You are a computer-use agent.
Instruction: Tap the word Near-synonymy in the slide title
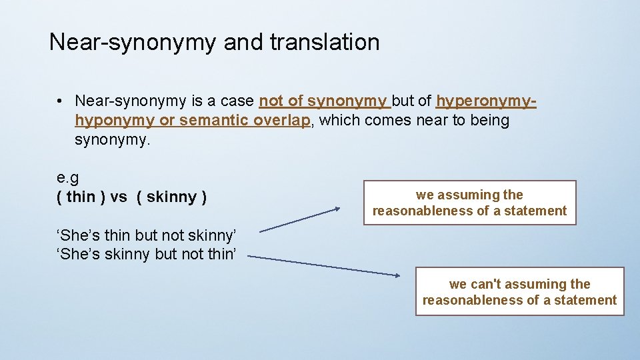[x=132, y=43]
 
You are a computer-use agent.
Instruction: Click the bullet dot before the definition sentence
[x=60, y=101]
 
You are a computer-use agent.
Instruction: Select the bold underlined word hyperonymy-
[x=486, y=101]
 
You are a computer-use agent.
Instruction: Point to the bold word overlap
[x=282, y=121]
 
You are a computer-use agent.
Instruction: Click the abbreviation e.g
[x=68, y=177]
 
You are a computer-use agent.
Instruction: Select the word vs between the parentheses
[x=119, y=197]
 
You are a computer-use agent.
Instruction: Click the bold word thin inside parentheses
[x=81, y=197]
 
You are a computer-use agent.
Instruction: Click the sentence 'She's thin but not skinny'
[x=147, y=235]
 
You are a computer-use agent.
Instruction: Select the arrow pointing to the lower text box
[x=323, y=265]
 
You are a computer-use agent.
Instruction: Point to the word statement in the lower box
[x=589, y=300]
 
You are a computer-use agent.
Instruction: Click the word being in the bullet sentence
[x=489, y=121]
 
